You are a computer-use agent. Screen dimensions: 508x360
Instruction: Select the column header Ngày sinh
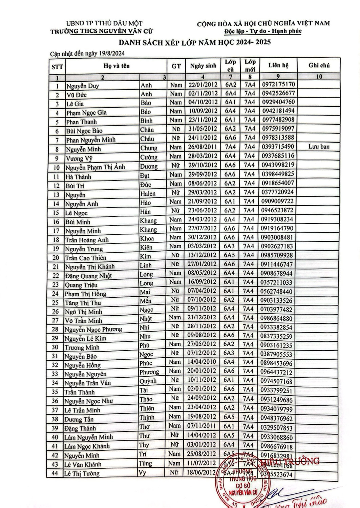coord(203,66)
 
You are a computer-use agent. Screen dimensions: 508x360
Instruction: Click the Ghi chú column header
coord(319,65)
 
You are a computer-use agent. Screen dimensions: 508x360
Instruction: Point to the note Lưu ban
coord(319,147)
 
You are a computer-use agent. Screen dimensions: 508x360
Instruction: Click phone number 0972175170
coord(278,84)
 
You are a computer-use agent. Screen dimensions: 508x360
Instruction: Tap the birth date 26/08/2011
coord(203,147)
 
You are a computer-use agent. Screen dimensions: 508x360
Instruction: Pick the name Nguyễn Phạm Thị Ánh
coord(95,167)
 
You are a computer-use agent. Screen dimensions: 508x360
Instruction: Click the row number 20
coord(56,258)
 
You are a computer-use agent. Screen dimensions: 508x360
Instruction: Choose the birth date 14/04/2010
coord(202,362)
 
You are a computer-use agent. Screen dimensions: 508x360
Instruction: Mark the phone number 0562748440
coord(277,291)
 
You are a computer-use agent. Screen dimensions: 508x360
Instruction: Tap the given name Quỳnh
coord(148,381)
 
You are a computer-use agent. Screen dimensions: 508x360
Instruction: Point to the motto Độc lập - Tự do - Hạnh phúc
coord(263,31)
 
